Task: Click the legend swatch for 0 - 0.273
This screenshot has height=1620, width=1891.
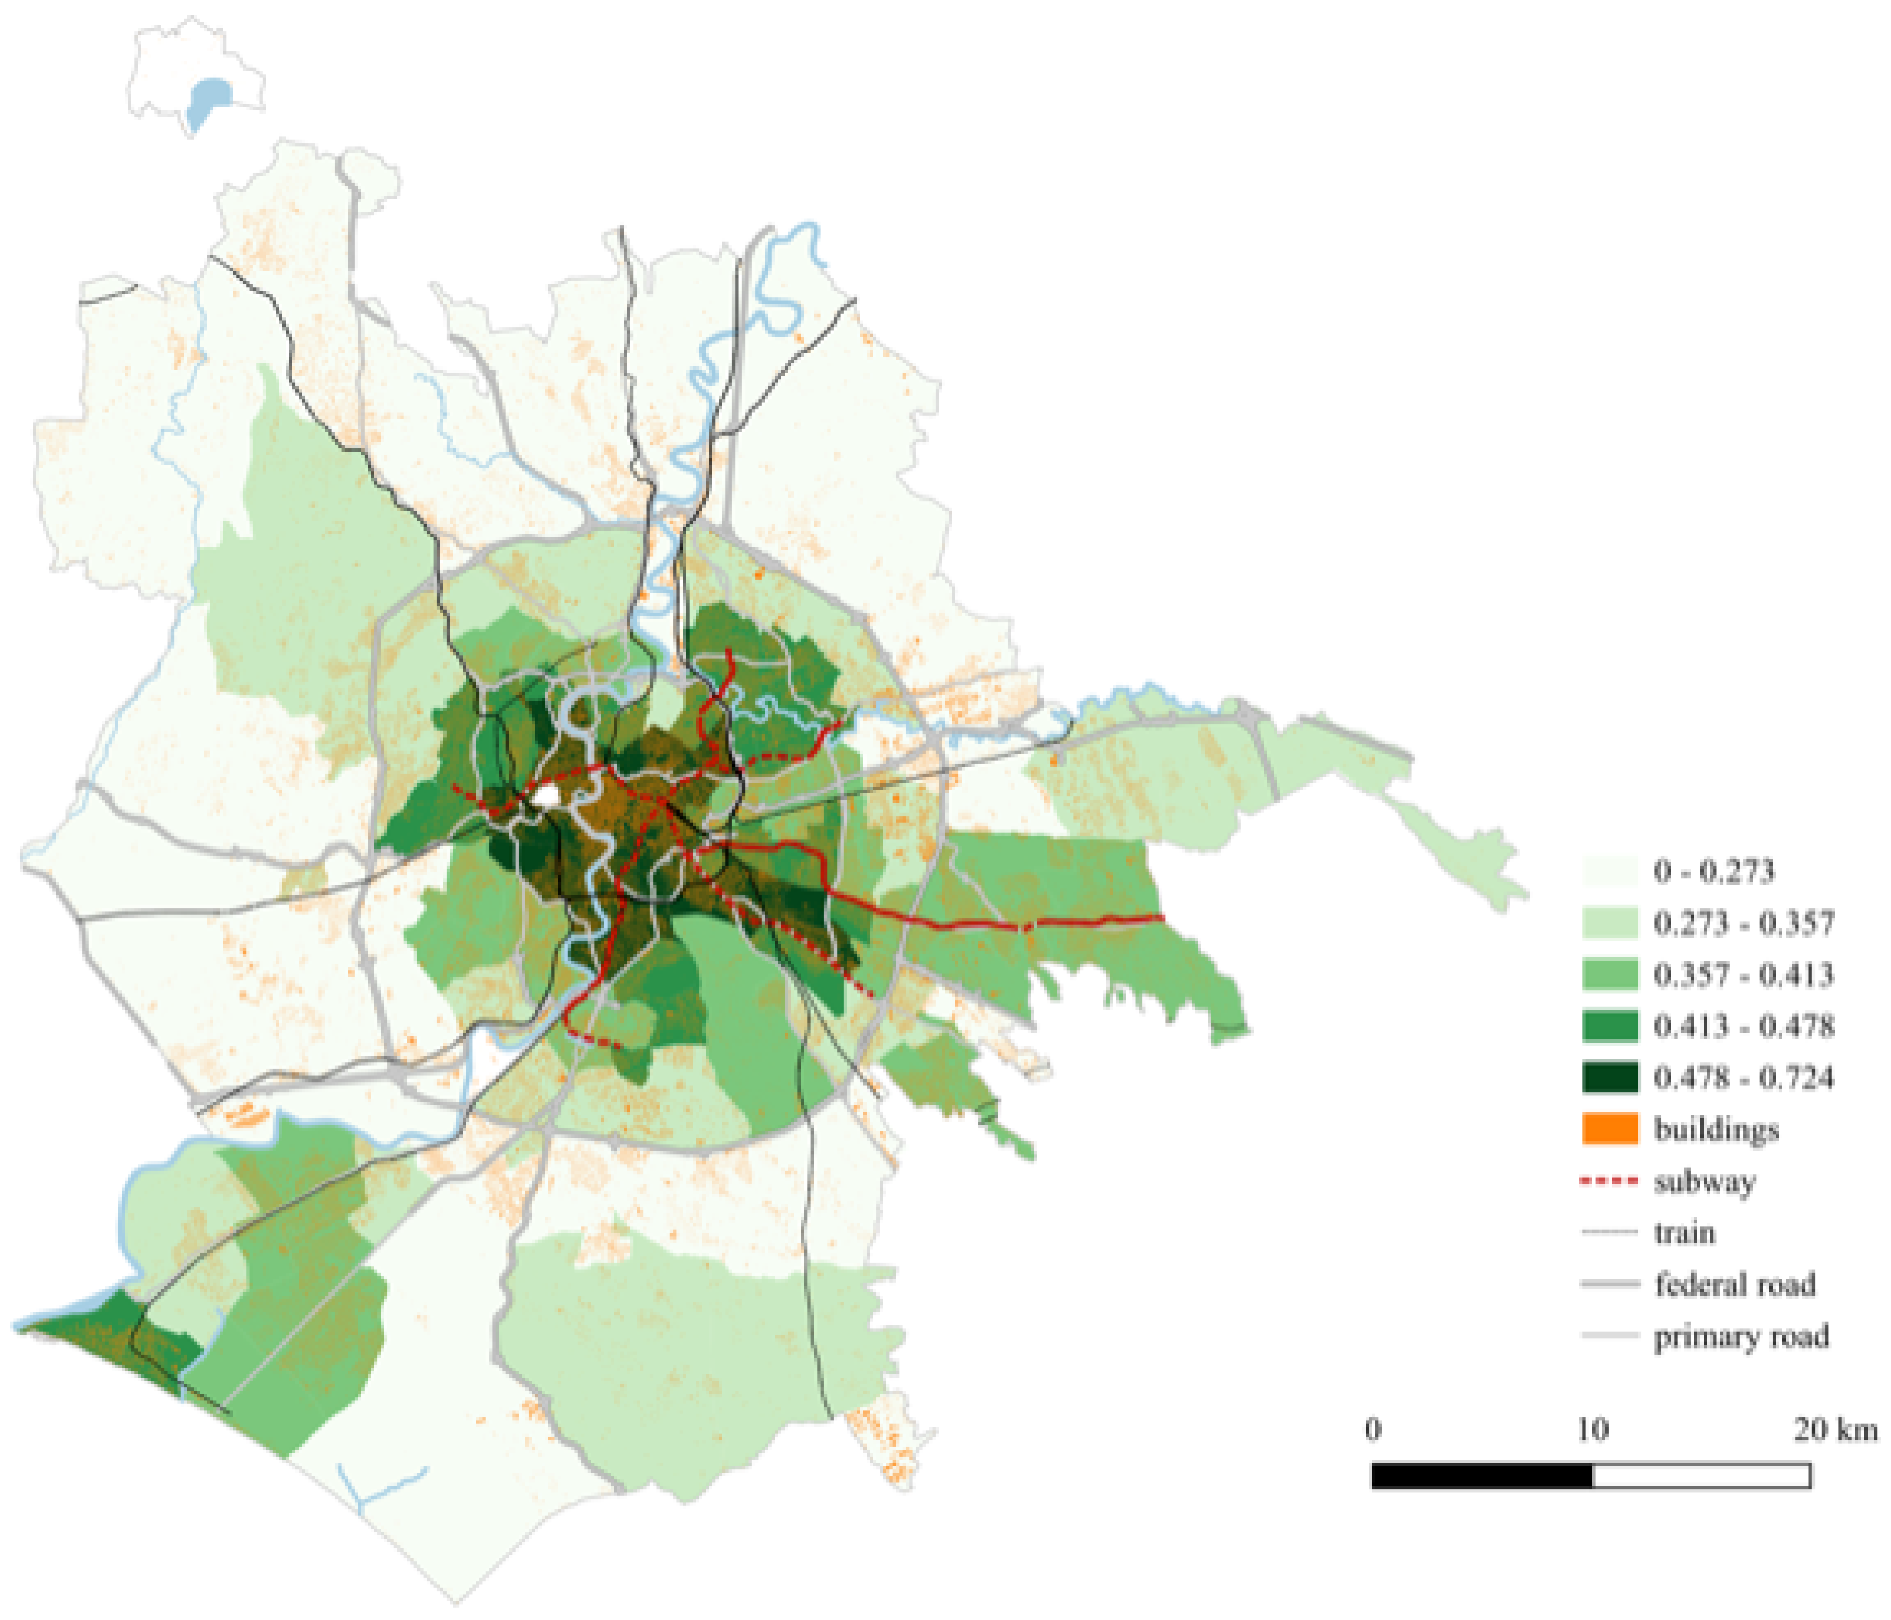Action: click(1609, 872)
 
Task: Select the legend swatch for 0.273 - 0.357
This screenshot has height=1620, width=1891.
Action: click(1609, 923)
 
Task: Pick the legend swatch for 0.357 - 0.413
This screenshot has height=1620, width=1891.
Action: click(1609, 975)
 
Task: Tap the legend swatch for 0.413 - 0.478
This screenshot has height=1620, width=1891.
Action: click(1609, 1026)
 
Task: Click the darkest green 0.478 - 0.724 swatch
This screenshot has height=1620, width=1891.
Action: click(1609, 1078)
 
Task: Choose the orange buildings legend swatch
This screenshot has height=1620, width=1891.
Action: click(1609, 1129)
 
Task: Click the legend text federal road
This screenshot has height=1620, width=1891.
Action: click(1734, 1285)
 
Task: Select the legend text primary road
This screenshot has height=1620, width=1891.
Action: click(1741, 1337)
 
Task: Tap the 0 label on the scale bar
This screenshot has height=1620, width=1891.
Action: click(1373, 1429)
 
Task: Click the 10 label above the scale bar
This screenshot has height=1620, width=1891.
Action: click(1592, 1429)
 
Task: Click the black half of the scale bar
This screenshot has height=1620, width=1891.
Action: click(1481, 1476)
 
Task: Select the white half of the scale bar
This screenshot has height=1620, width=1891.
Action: click(1701, 1476)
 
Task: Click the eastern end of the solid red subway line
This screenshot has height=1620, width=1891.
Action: click(1162, 917)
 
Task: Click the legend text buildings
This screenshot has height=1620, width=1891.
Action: click(1716, 1130)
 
